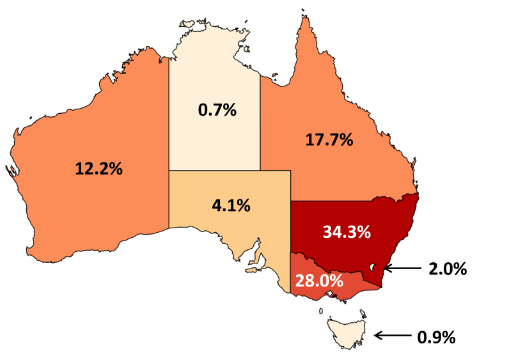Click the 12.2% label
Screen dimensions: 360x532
point(99,169)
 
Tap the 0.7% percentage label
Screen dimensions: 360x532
point(217,110)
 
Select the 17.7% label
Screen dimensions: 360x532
point(329,139)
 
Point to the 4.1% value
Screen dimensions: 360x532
point(231,206)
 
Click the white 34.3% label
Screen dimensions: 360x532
point(347,231)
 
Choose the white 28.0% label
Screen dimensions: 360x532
point(319,280)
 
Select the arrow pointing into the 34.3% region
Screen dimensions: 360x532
point(402,269)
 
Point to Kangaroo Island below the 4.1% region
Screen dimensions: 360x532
point(254,271)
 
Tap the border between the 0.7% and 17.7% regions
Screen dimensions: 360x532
point(260,121)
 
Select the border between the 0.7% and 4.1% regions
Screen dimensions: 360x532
point(214,171)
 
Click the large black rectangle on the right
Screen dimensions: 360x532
point(478,173)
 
